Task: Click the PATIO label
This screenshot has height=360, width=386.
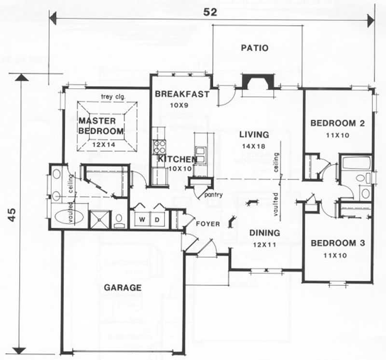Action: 254,48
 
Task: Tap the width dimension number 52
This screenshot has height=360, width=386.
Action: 210,13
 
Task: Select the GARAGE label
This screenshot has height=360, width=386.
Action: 123,288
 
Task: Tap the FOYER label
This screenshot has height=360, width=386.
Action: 208,224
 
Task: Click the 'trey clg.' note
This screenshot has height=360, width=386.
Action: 113,97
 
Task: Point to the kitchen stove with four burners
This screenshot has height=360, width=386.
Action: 159,145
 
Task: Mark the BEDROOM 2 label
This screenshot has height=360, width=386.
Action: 337,123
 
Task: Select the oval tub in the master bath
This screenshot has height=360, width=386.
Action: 69,217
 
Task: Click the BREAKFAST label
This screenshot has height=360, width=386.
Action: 182,94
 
